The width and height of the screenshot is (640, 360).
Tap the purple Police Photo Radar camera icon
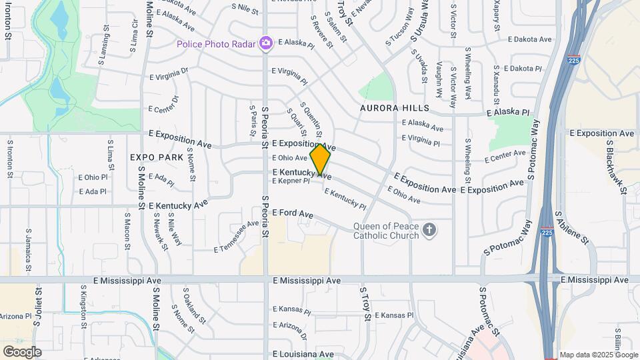(x=266, y=43)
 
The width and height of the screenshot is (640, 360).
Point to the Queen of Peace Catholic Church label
(x=386, y=231)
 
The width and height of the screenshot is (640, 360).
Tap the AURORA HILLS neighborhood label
(x=394, y=108)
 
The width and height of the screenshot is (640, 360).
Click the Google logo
(x=22, y=351)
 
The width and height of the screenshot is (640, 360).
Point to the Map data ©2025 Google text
(x=599, y=355)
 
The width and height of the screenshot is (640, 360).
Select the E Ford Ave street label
(x=293, y=213)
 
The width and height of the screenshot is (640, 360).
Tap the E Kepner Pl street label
(x=291, y=181)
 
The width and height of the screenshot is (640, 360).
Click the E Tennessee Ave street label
(x=237, y=237)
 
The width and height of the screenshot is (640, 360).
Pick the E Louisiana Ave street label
(x=303, y=354)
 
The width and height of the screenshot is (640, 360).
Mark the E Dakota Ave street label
(x=529, y=39)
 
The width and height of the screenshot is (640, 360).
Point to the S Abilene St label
(x=571, y=229)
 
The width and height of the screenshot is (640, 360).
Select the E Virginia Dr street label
(x=169, y=73)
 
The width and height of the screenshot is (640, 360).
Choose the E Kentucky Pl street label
(x=345, y=198)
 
